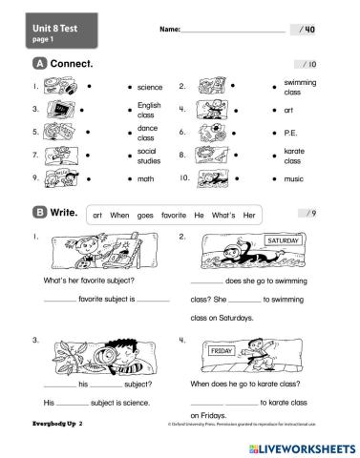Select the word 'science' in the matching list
pos(150,87)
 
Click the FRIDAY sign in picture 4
pos(222,352)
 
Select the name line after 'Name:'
pos(233,31)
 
